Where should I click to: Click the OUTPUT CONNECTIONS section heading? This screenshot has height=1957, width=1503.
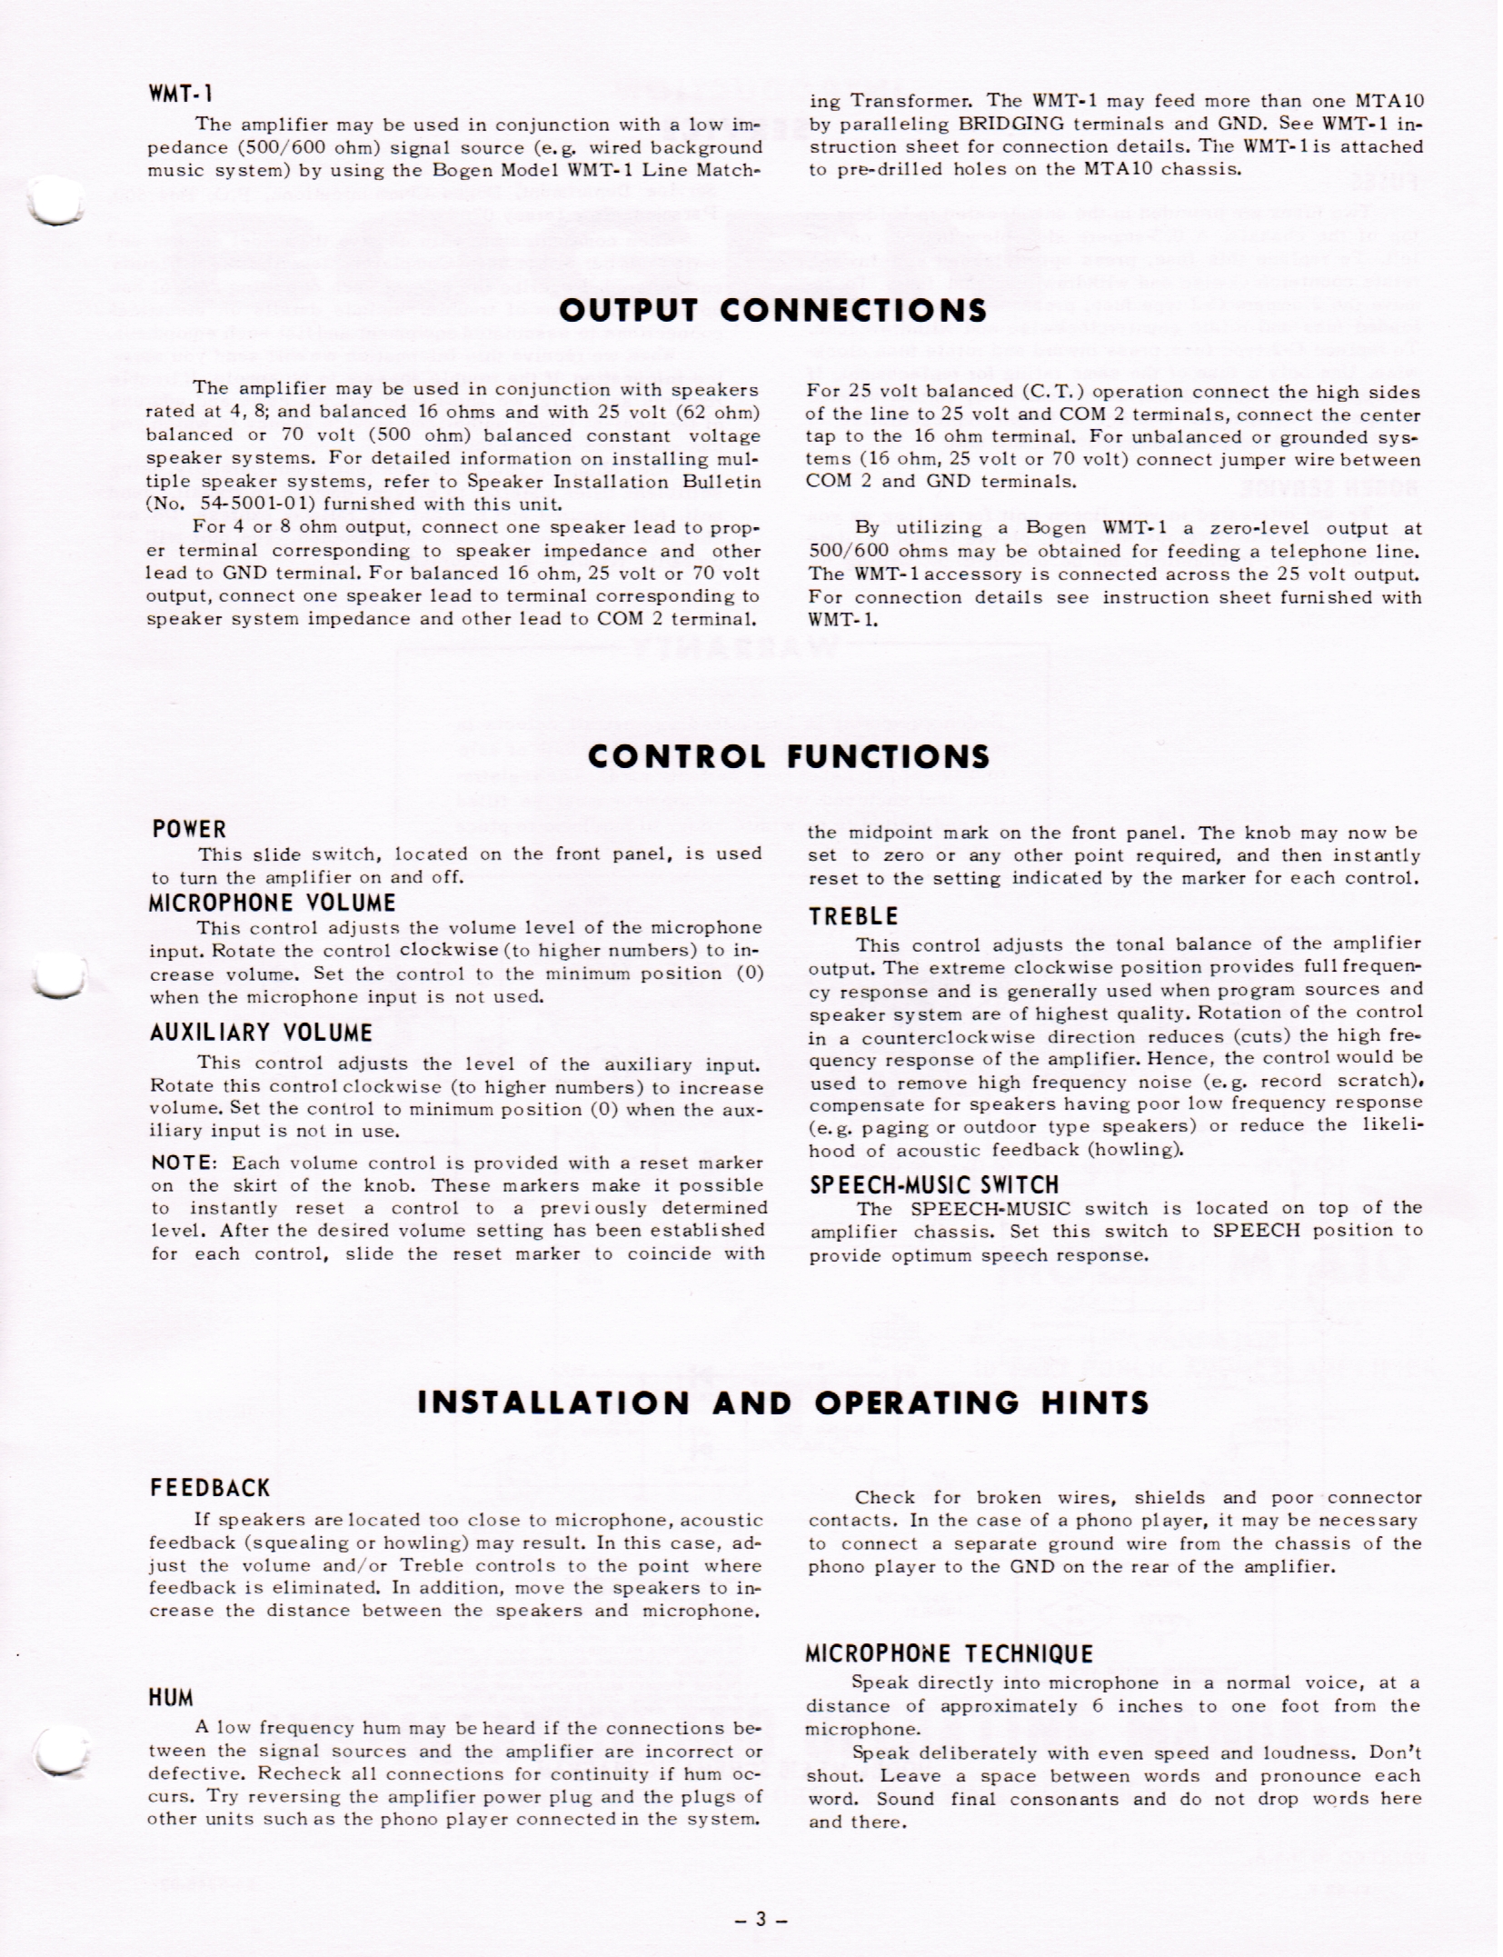click(772, 311)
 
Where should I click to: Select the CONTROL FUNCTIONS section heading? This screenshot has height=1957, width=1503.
click(789, 756)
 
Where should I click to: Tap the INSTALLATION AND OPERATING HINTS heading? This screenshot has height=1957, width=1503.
click(782, 1402)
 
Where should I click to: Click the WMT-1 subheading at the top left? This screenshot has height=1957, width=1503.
click(181, 94)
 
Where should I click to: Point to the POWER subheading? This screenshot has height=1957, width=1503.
click(189, 829)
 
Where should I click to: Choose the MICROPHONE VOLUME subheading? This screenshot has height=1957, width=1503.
click(273, 903)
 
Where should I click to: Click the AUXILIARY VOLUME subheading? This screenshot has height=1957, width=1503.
click(261, 1033)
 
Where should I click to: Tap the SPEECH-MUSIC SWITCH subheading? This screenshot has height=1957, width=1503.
click(934, 1185)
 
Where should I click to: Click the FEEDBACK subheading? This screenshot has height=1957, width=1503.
click(210, 1488)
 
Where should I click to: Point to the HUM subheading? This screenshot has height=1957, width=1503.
click(172, 1697)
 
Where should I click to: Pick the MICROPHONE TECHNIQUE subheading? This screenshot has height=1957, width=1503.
click(949, 1653)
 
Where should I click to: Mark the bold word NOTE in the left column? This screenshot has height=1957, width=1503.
click(182, 1163)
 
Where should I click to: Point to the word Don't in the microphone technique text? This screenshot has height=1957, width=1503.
click(1395, 1753)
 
